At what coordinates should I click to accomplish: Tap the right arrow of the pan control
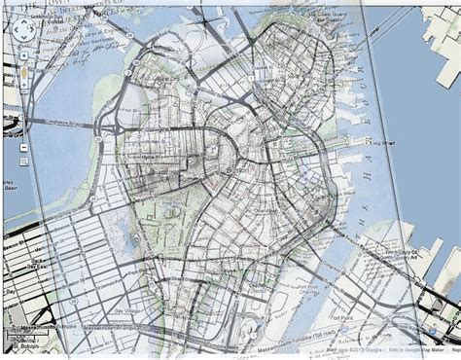coord(29,30)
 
